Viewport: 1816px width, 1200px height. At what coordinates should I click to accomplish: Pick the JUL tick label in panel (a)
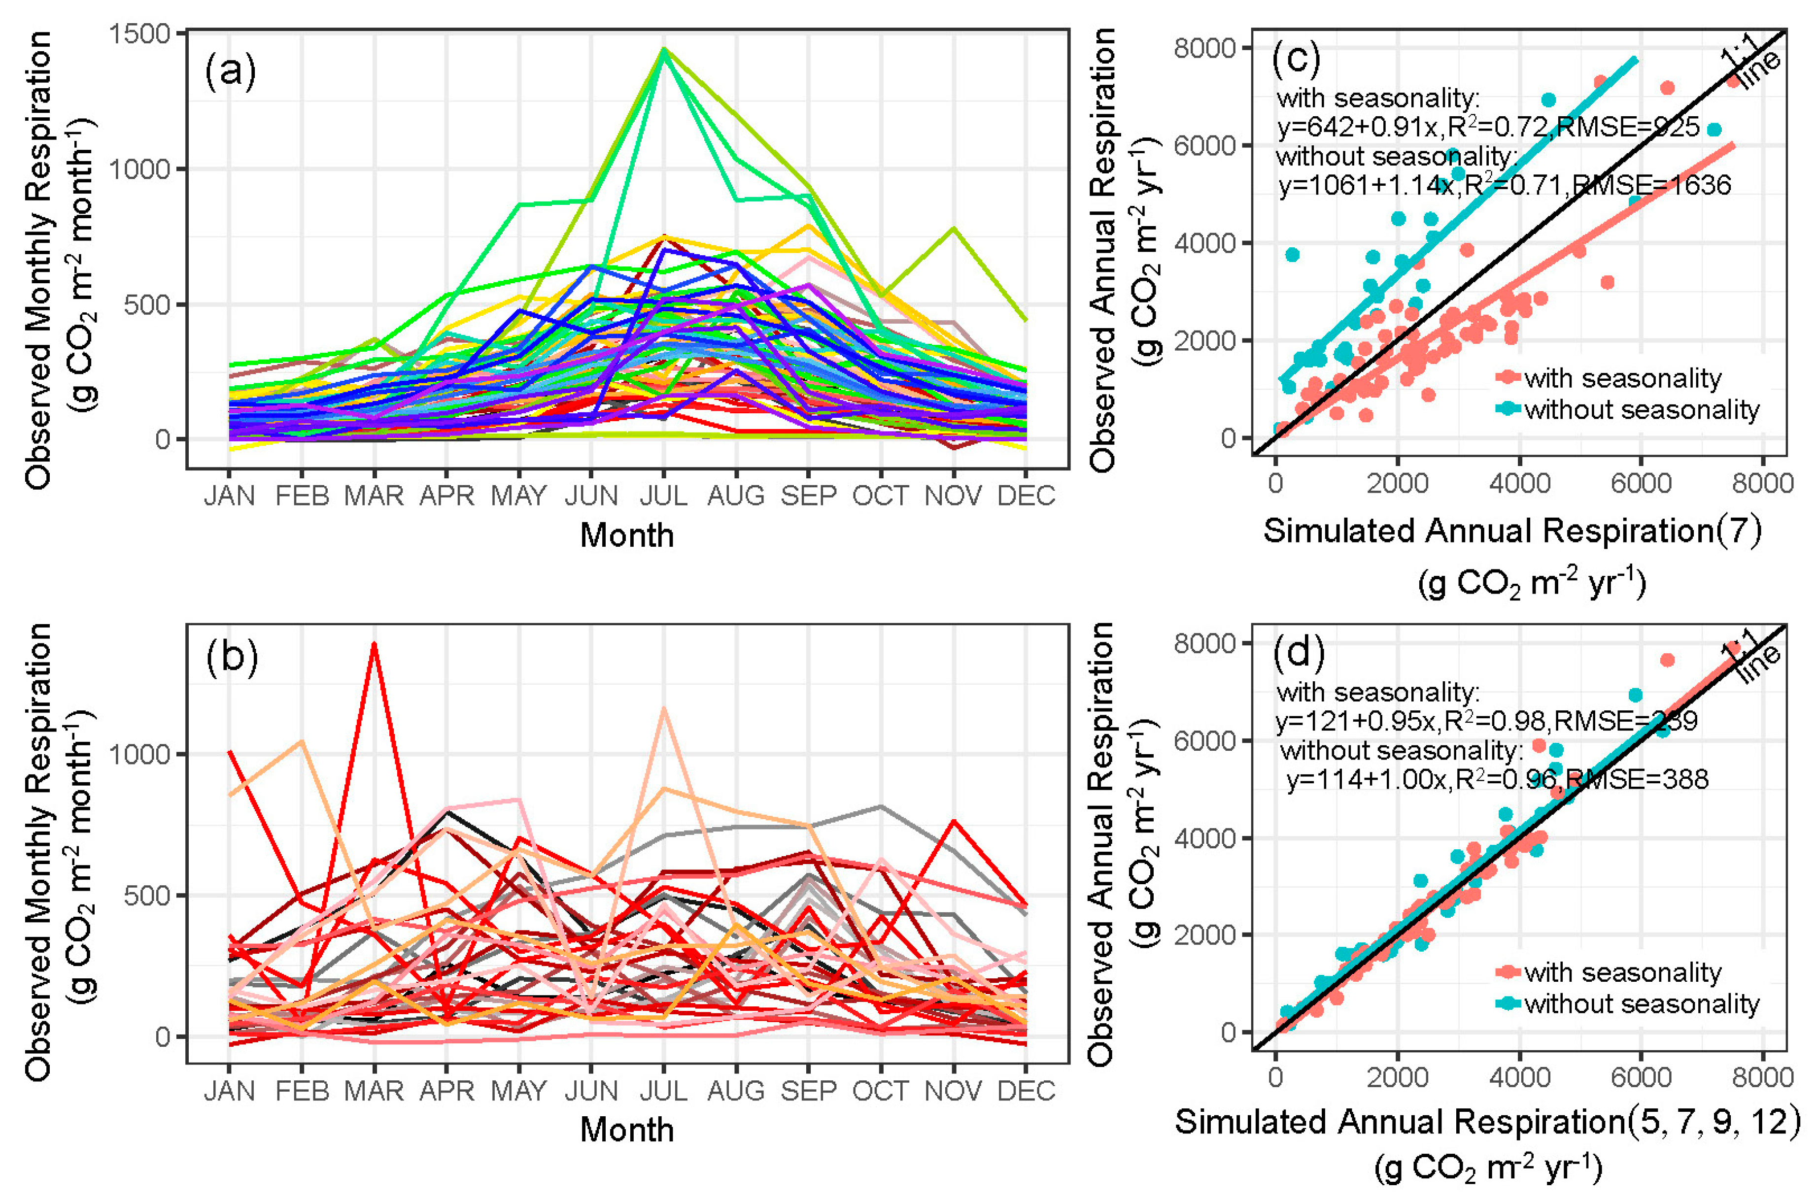[663, 496]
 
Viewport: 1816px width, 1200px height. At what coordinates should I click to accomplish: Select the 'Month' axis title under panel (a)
[626, 535]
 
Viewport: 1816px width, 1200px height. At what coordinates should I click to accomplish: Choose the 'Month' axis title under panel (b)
[626, 1130]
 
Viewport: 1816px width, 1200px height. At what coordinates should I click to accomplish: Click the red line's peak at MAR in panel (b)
[374, 644]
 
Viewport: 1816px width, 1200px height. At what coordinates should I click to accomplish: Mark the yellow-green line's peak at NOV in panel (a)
[953, 228]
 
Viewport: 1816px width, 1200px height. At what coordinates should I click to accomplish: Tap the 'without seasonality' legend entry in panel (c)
[1641, 410]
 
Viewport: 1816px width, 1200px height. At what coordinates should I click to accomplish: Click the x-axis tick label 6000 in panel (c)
[1641, 484]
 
